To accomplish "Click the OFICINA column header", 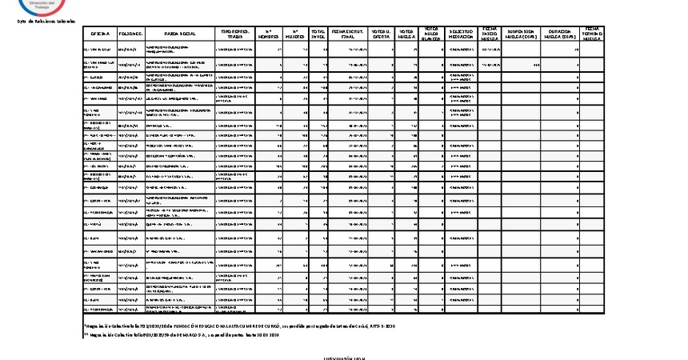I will click(x=100, y=34).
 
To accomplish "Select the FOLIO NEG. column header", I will click(x=130, y=34).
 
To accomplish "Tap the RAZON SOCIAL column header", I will click(x=180, y=34).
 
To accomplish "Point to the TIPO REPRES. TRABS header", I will click(x=235, y=34).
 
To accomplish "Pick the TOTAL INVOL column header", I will click(x=319, y=34).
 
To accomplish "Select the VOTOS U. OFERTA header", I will click(x=382, y=34).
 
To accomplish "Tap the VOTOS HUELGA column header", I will click(x=407, y=34).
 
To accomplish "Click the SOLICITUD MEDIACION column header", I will click(x=462, y=34).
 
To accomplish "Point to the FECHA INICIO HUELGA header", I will click(x=490, y=34).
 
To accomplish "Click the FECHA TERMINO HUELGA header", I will click(x=593, y=34).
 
